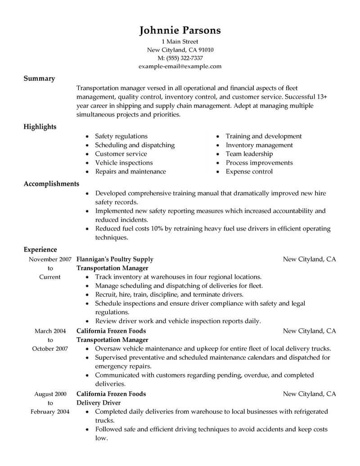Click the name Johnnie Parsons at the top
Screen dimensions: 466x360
[x=180, y=30]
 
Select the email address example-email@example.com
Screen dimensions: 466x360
[x=180, y=66]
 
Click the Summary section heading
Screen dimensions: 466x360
[x=39, y=78]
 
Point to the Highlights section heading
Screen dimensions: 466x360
[x=40, y=127]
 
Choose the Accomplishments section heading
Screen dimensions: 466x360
[x=51, y=184]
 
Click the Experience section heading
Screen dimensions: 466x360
[x=40, y=249]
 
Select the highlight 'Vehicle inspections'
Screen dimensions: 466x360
[x=124, y=163]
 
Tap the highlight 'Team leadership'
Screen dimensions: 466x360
[x=249, y=154]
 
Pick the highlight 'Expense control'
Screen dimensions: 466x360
[x=249, y=172]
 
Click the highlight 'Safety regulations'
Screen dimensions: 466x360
[x=121, y=136]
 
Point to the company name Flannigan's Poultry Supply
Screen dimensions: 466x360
[x=115, y=259]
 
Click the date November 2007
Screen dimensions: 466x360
[x=49, y=259]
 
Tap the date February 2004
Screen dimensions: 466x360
[x=49, y=412]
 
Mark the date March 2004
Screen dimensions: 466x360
[x=50, y=331]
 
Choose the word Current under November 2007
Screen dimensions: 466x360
[x=50, y=277]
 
